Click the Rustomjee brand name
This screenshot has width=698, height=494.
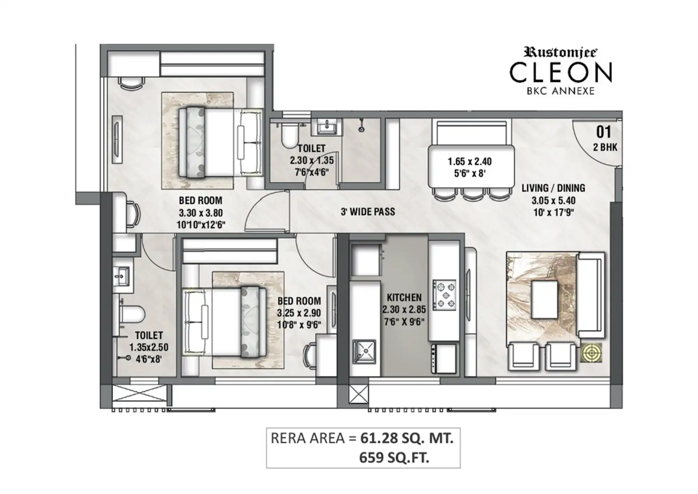[x=560, y=52]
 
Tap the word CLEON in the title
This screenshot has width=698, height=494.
[x=561, y=72]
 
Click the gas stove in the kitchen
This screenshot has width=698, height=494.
[x=444, y=295]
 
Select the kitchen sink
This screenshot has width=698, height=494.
[x=364, y=351]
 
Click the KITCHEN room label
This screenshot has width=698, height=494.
[x=404, y=298]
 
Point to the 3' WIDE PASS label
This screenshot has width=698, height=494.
[x=368, y=211]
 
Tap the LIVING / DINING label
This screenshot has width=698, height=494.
[x=553, y=188]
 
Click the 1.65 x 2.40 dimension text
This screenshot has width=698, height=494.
[x=470, y=161]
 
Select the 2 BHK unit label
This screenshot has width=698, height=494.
[x=605, y=147]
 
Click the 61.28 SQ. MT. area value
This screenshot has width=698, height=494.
[x=407, y=438]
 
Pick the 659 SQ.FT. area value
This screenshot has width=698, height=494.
[x=394, y=457]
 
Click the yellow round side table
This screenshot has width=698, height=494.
[x=592, y=353]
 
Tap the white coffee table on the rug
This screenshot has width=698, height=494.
[x=544, y=300]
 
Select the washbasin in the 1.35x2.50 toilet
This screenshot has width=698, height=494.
[x=121, y=276]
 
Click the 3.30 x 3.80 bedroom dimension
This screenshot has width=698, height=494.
[x=201, y=213]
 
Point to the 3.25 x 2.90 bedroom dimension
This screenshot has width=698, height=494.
[x=299, y=313]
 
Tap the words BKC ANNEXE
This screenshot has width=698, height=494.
[x=560, y=91]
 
